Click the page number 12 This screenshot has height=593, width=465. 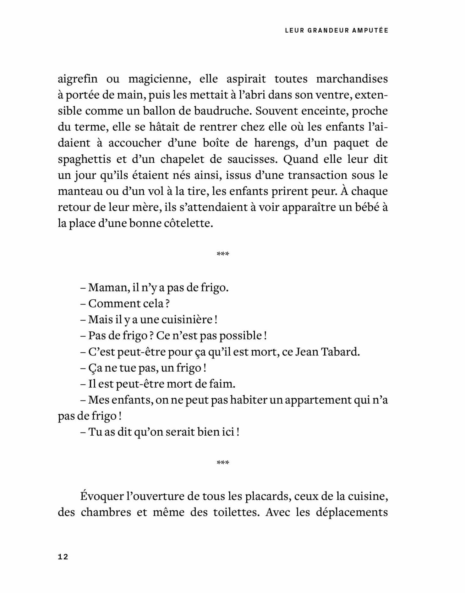(x=63, y=557)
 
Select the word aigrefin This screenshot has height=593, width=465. (x=78, y=79)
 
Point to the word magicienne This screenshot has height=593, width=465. (x=160, y=79)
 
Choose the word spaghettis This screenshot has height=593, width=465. (x=84, y=159)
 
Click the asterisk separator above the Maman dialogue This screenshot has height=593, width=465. (x=223, y=253)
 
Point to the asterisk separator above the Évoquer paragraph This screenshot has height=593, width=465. (x=223, y=462)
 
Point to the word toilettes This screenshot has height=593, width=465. (x=233, y=512)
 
